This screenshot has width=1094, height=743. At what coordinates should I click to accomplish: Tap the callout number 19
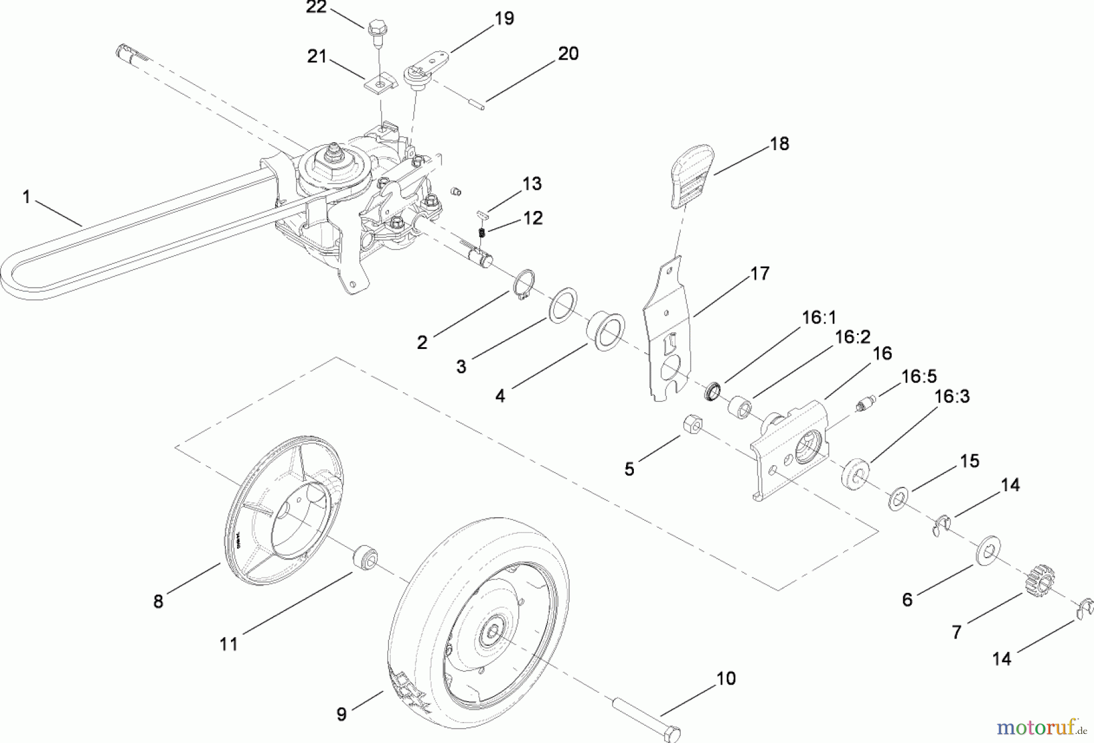(504, 18)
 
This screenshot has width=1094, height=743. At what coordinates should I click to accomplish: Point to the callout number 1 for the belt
(26, 198)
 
